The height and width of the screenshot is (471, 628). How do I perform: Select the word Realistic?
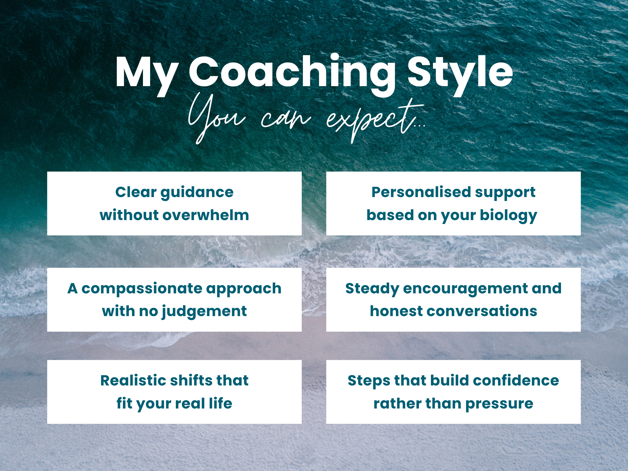[133, 380]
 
